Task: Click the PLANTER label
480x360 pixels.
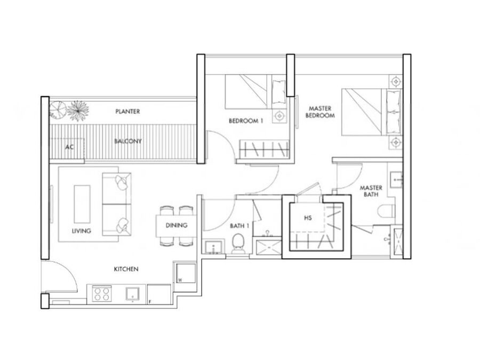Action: [x=127, y=111]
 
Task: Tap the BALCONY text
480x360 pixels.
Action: [x=128, y=141]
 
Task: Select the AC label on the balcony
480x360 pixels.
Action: [x=69, y=147]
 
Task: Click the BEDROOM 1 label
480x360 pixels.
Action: [x=246, y=121]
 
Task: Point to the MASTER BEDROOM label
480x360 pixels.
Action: [x=320, y=112]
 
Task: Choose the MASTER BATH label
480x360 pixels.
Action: [x=371, y=191]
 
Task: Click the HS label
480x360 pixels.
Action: [x=308, y=218]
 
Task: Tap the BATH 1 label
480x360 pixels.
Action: [x=239, y=226]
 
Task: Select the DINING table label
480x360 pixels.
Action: [x=177, y=225]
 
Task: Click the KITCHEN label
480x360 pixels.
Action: [x=126, y=269]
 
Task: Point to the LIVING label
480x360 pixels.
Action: [x=82, y=231]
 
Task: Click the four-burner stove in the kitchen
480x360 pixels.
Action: [x=102, y=293]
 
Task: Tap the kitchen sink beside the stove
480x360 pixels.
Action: [x=133, y=293]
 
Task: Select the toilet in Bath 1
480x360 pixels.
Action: [x=237, y=244]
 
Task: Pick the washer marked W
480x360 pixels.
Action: [x=186, y=273]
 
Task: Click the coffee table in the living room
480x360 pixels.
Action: [x=82, y=204]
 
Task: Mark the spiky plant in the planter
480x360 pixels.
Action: [x=77, y=110]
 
